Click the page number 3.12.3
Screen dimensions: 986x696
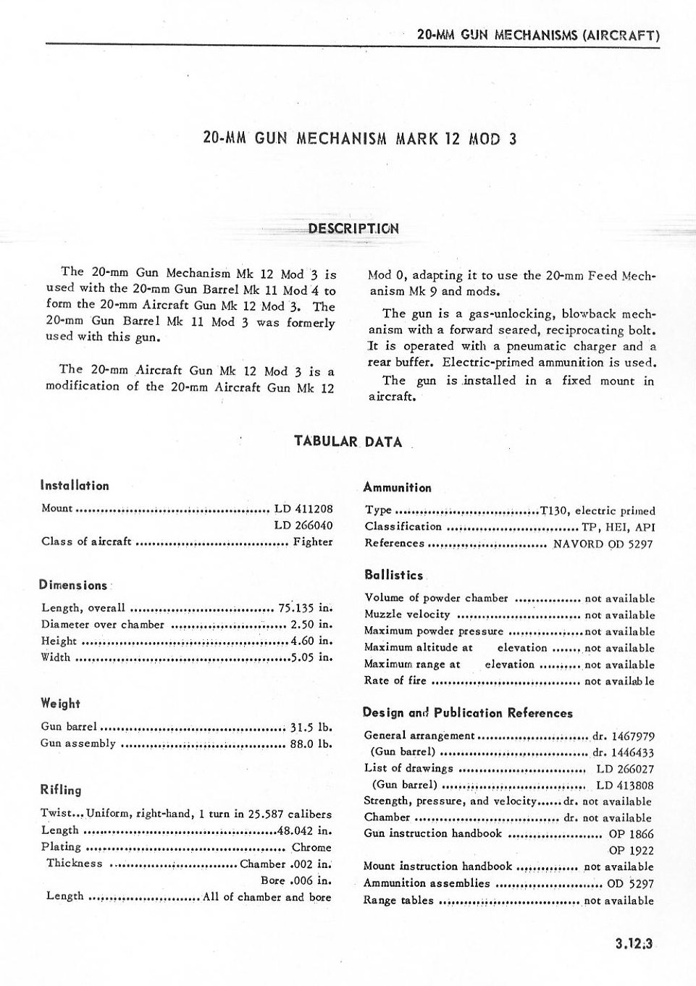(x=634, y=943)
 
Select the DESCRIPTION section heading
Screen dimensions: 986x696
(x=353, y=229)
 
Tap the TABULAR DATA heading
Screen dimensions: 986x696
(x=348, y=442)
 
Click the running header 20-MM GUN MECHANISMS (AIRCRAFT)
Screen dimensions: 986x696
(x=539, y=35)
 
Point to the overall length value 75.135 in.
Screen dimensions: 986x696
(x=305, y=607)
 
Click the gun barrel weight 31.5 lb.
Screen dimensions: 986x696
(x=311, y=727)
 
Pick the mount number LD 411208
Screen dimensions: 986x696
(x=303, y=508)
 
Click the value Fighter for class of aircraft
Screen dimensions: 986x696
(x=313, y=542)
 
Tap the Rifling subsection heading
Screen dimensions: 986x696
(x=61, y=790)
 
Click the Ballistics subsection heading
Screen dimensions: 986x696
(x=394, y=576)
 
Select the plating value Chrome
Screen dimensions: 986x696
(x=311, y=847)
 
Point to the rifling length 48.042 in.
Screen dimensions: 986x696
(x=304, y=830)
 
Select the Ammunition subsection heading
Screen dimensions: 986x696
(x=397, y=488)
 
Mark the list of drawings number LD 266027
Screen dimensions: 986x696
(x=624, y=769)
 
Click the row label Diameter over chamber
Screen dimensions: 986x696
(x=103, y=624)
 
